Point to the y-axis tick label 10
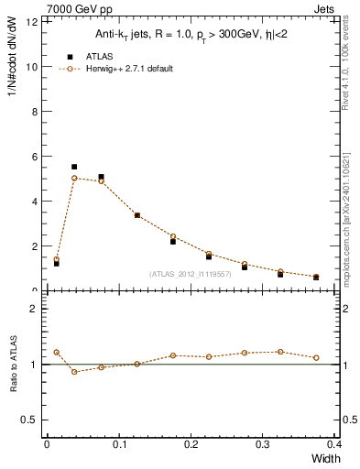(33, 67)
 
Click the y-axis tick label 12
(33, 22)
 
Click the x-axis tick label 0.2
(191, 444)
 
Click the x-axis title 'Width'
(325, 458)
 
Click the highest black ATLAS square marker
(74, 167)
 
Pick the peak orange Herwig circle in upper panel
(74, 178)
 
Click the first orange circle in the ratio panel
(56, 352)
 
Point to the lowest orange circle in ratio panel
(74, 371)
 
